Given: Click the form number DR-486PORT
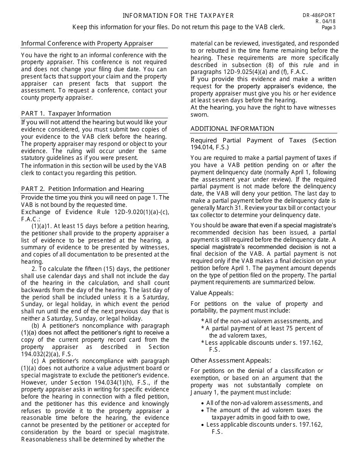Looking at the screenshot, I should click(x=319, y=16).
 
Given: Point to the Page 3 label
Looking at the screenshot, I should click(x=329, y=27).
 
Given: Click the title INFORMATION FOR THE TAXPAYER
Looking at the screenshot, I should click(x=178, y=16).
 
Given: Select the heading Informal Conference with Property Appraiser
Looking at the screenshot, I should click(x=87, y=44).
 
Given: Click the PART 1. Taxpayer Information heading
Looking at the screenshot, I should click(x=66, y=114).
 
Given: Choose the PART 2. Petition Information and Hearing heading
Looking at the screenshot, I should click(x=83, y=189).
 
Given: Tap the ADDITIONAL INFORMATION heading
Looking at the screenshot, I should click(x=232, y=129).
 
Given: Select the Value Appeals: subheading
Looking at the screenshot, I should click(x=212, y=293).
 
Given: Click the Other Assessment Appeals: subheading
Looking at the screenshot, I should click(x=231, y=361).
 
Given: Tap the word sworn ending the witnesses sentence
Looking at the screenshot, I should click(x=199, y=115).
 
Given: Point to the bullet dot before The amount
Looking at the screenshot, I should click(x=203, y=411).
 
